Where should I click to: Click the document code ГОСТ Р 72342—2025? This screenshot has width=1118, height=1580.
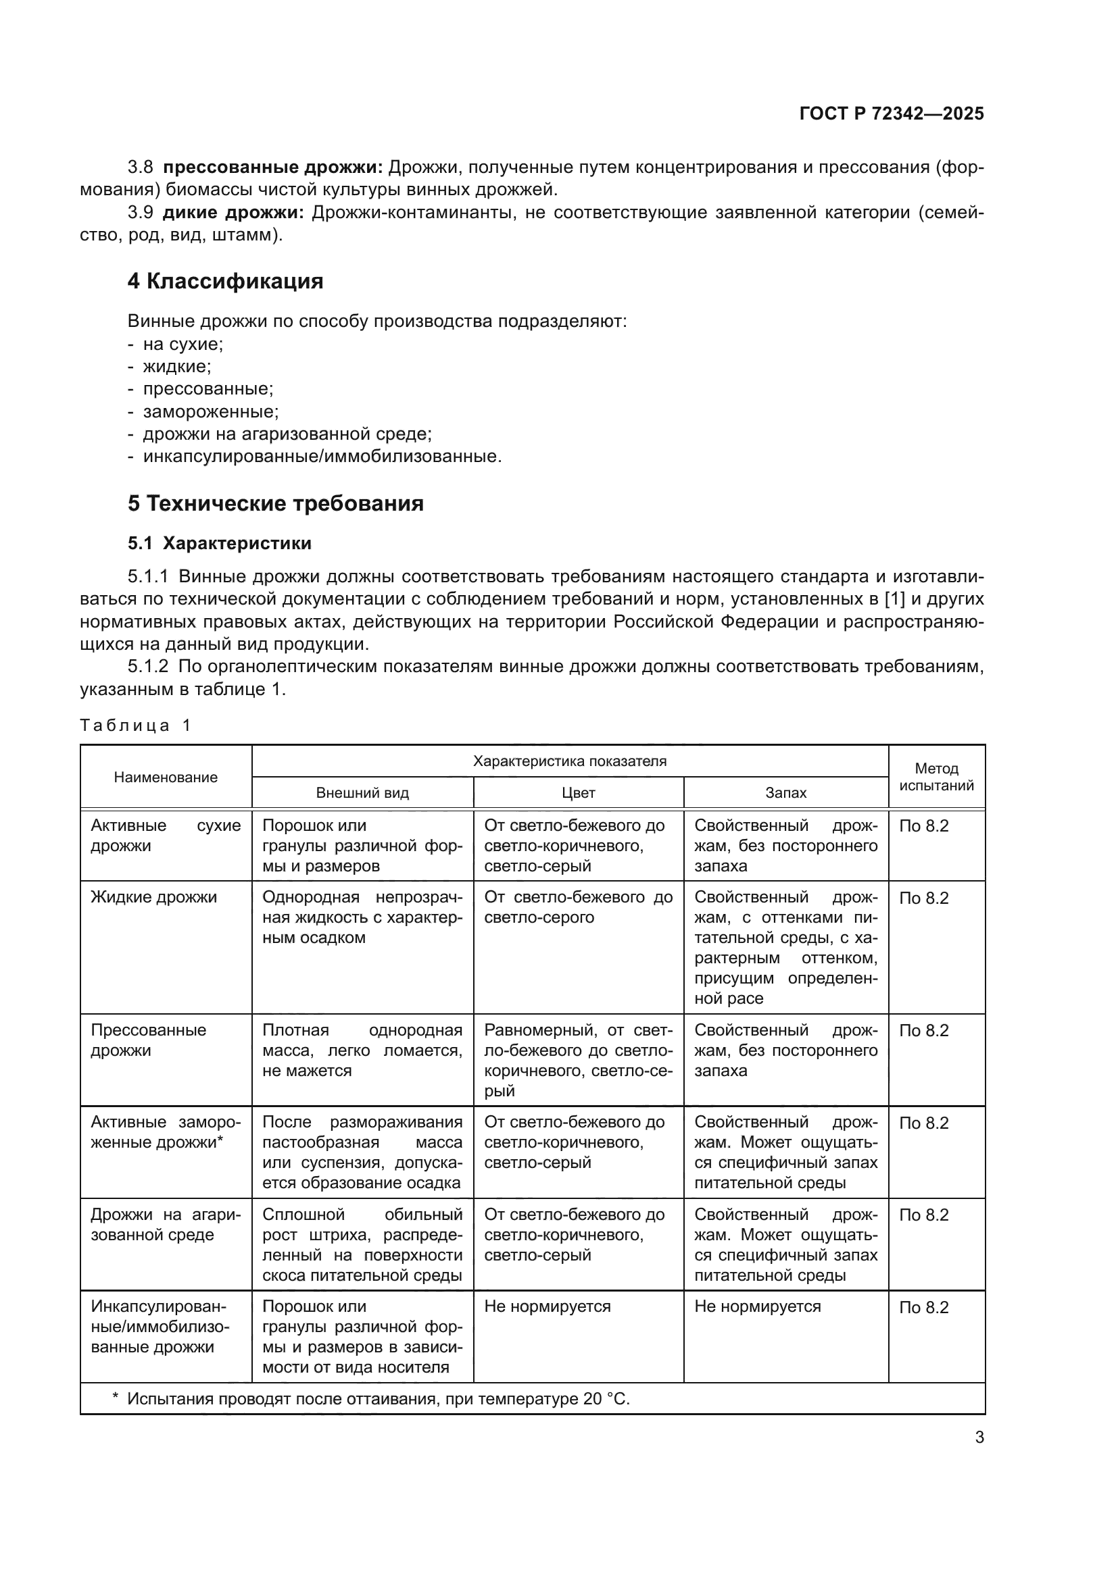[891, 113]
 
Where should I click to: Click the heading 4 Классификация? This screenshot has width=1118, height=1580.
[225, 282]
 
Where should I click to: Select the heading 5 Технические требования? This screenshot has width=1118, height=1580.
[275, 504]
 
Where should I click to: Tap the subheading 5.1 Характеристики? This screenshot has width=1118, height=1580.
[219, 544]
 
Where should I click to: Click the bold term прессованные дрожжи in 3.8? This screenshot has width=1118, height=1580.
[272, 168]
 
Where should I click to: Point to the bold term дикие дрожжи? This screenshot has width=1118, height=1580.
[233, 213]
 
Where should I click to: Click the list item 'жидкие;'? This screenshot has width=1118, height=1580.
[177, 367]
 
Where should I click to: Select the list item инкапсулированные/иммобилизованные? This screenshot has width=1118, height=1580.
[322, 457]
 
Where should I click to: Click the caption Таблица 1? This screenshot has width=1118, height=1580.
[135, 725]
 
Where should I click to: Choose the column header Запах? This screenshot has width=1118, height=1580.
[785, 793]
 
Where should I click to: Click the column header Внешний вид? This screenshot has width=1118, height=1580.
[362, 793]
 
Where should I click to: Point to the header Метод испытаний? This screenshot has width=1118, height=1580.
[936, 777]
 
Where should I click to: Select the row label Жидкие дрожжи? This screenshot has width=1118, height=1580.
[153, 897]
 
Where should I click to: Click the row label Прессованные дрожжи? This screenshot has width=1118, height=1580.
[148, 1040]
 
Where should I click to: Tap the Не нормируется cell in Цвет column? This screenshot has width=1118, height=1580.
[548, 1307]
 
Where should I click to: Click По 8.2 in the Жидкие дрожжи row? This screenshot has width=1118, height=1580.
[923, 898]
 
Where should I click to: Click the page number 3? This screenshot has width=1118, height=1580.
[979, 1437]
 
